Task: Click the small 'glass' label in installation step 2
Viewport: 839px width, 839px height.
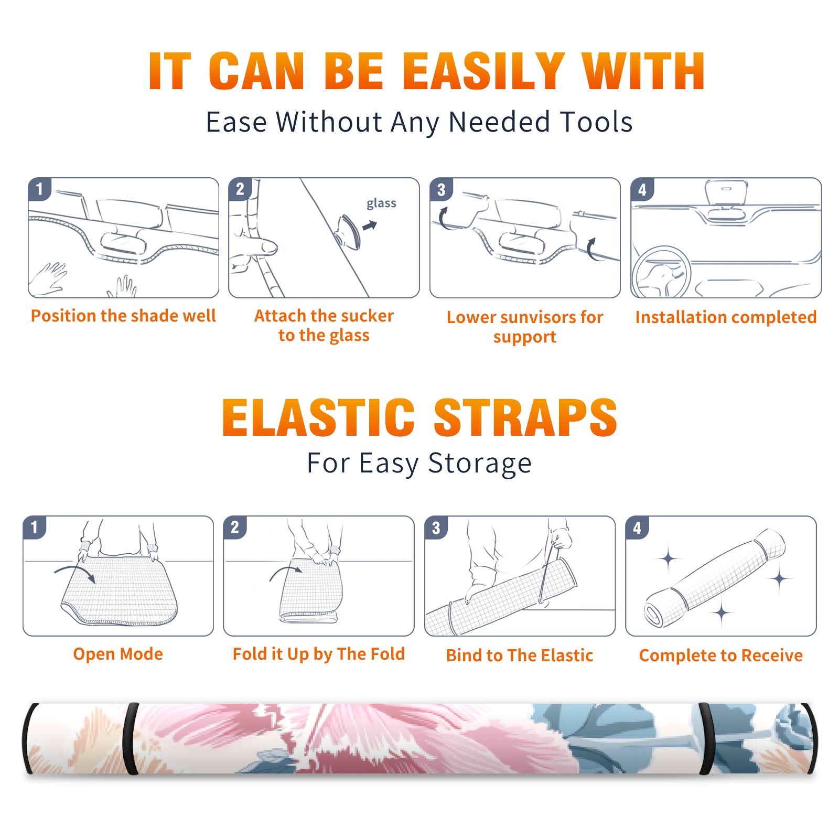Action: click(381, 203)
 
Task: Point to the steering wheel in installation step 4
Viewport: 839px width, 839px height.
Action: click(661, 273)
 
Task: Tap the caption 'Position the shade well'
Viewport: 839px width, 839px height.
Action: click(123, 316)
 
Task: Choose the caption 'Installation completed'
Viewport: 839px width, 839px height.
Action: click(726, 317)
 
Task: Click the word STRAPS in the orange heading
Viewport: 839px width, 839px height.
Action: click(525, 417)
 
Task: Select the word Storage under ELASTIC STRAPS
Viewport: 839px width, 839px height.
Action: click(480, 464)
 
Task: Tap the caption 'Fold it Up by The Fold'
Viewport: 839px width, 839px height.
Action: click(319, 654)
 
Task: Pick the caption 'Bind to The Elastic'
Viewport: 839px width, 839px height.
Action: click(520, 655)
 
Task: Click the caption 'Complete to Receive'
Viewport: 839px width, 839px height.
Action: click(721, 655)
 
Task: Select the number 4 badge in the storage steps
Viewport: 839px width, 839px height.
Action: click(637, 528)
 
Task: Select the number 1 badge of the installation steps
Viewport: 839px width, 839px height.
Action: click(39, 189)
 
